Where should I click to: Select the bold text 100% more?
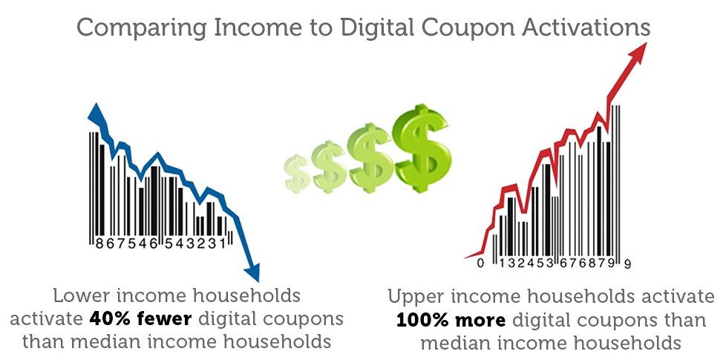pos(451,321)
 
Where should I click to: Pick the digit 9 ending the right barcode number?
pos(628,264)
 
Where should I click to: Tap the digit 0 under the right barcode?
pos(481,264)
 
